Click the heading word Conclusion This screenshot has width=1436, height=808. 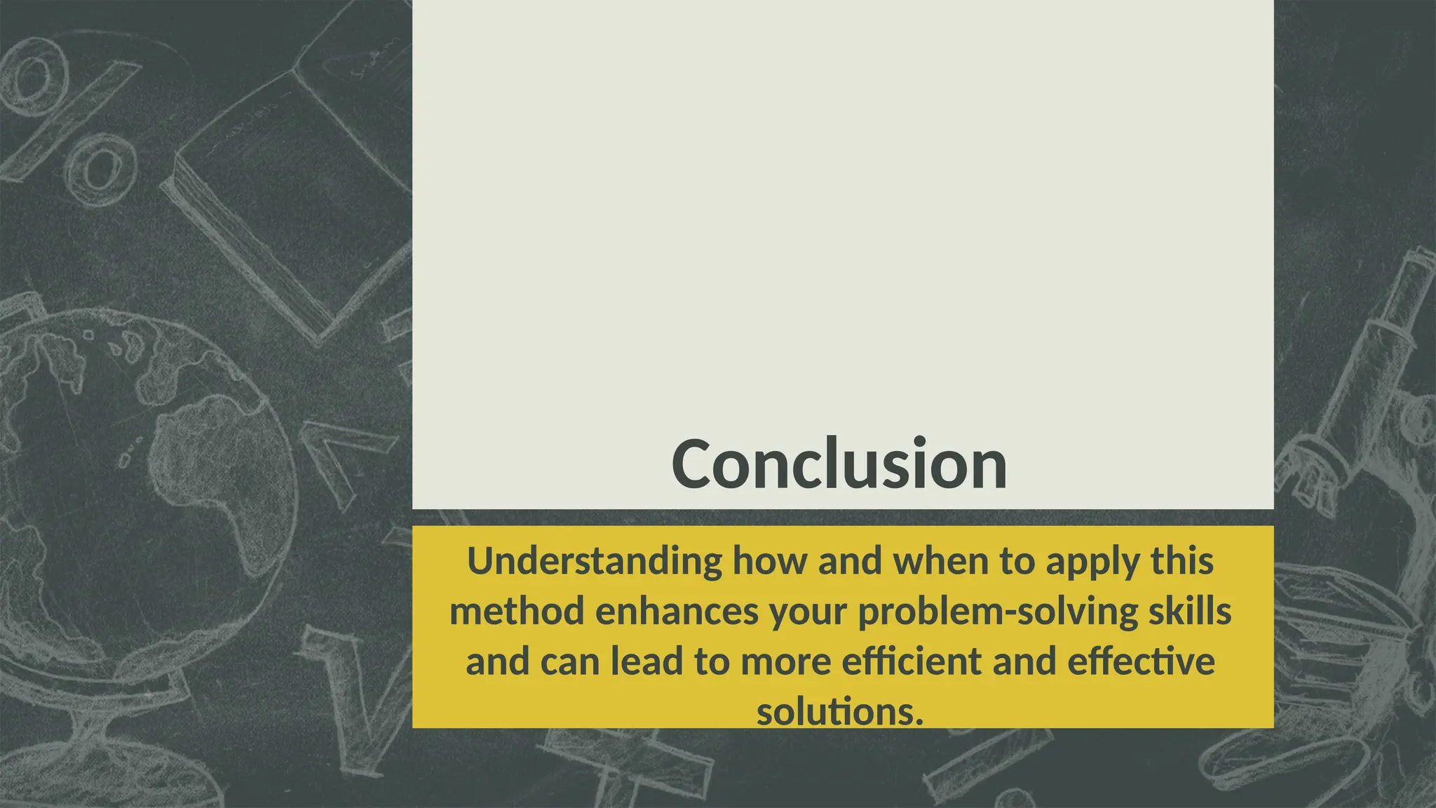839,465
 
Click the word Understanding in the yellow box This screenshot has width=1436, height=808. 595,561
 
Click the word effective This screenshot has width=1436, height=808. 1141,661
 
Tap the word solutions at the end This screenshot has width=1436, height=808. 839,712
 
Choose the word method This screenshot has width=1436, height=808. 517,612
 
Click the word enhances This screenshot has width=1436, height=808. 677,612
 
